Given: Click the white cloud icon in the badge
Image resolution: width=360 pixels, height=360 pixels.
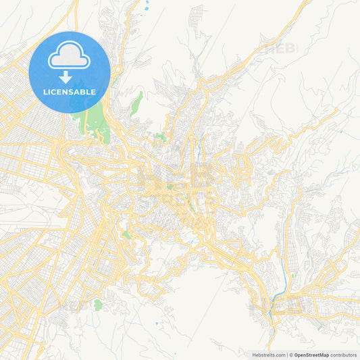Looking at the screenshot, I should [70, 57].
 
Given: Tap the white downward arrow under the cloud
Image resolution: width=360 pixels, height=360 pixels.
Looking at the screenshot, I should [66, 77].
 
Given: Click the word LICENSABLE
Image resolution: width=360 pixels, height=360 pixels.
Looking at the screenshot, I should [70, 92].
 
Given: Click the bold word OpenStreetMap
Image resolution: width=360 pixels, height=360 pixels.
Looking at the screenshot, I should [321, 355].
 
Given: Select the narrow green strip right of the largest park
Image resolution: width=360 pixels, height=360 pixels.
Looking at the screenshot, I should [137, 102].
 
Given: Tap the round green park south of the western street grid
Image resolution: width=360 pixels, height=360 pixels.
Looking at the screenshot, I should [97, 305].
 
